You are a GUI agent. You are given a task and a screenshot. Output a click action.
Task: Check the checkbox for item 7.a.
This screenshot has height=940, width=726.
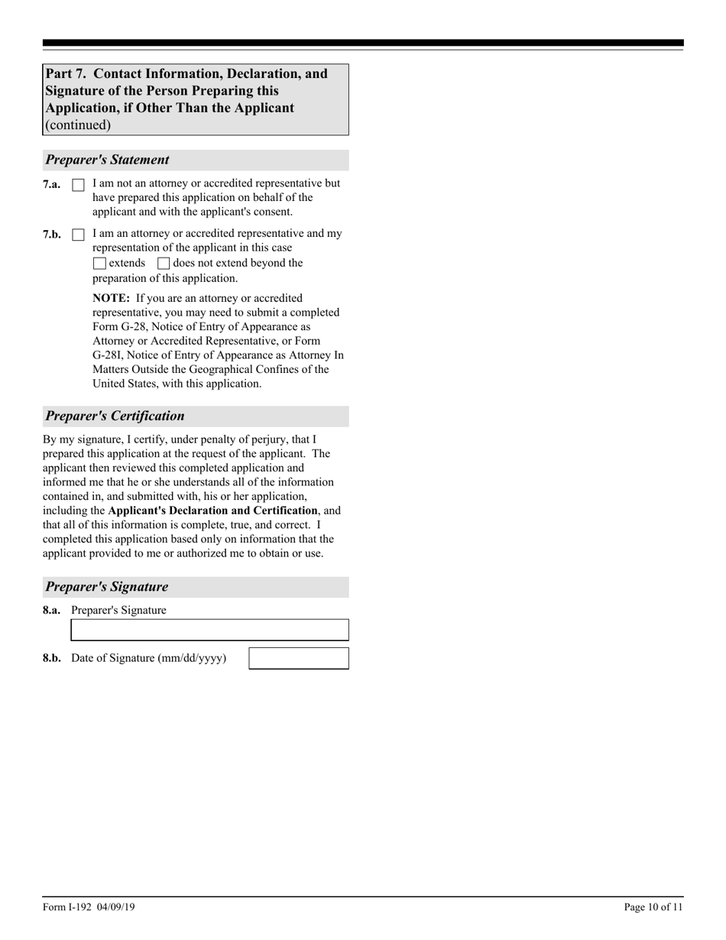[x=78, y=185]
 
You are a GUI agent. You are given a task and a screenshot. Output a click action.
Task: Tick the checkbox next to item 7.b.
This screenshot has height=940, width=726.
[x=78, y=235]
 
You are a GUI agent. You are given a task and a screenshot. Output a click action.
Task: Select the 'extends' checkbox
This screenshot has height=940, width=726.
[x=99, y=264]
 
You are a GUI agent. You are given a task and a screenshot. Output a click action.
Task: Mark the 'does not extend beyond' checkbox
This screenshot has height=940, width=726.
[x=164, y=264]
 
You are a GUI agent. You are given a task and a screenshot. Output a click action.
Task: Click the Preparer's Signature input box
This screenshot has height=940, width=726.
[x=209, y=630]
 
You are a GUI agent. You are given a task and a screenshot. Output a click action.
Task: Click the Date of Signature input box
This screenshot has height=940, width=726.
[x=299, y=658]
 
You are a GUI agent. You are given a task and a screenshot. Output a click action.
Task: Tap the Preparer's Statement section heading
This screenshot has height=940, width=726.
[x=107, y=160]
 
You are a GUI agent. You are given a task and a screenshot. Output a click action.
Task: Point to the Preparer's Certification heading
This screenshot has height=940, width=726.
[x=115, y=416]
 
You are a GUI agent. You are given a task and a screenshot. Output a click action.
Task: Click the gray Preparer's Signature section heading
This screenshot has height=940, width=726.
[x=107, y=587]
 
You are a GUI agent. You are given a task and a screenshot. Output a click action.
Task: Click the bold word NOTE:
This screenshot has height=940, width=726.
[x=111, y=298]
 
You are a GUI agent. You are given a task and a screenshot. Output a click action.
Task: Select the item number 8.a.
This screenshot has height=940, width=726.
[x=52, y=610]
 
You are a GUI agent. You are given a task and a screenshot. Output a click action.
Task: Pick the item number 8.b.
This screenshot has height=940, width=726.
[x=52, y=658]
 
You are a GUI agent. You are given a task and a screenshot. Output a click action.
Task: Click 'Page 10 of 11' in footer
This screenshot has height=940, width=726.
[x=653, y=907]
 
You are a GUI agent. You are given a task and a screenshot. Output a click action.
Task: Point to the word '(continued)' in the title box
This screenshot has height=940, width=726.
[x=78, y=125]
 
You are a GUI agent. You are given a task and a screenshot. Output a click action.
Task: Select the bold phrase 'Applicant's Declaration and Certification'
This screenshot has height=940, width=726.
[x=212, y=511]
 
